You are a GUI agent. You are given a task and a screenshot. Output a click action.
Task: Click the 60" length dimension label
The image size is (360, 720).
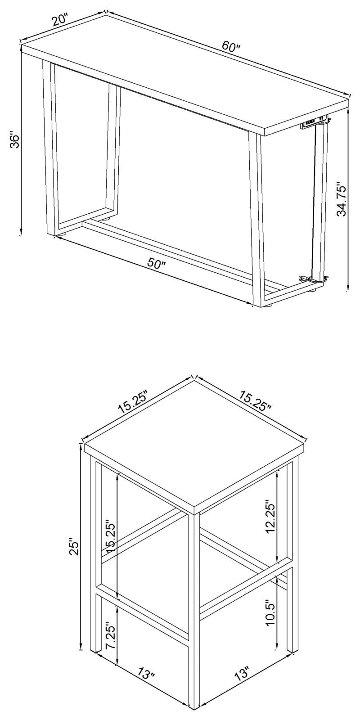[x=231, y=46]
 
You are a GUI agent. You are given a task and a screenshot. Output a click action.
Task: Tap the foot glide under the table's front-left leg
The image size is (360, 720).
[x=60, y=234]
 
